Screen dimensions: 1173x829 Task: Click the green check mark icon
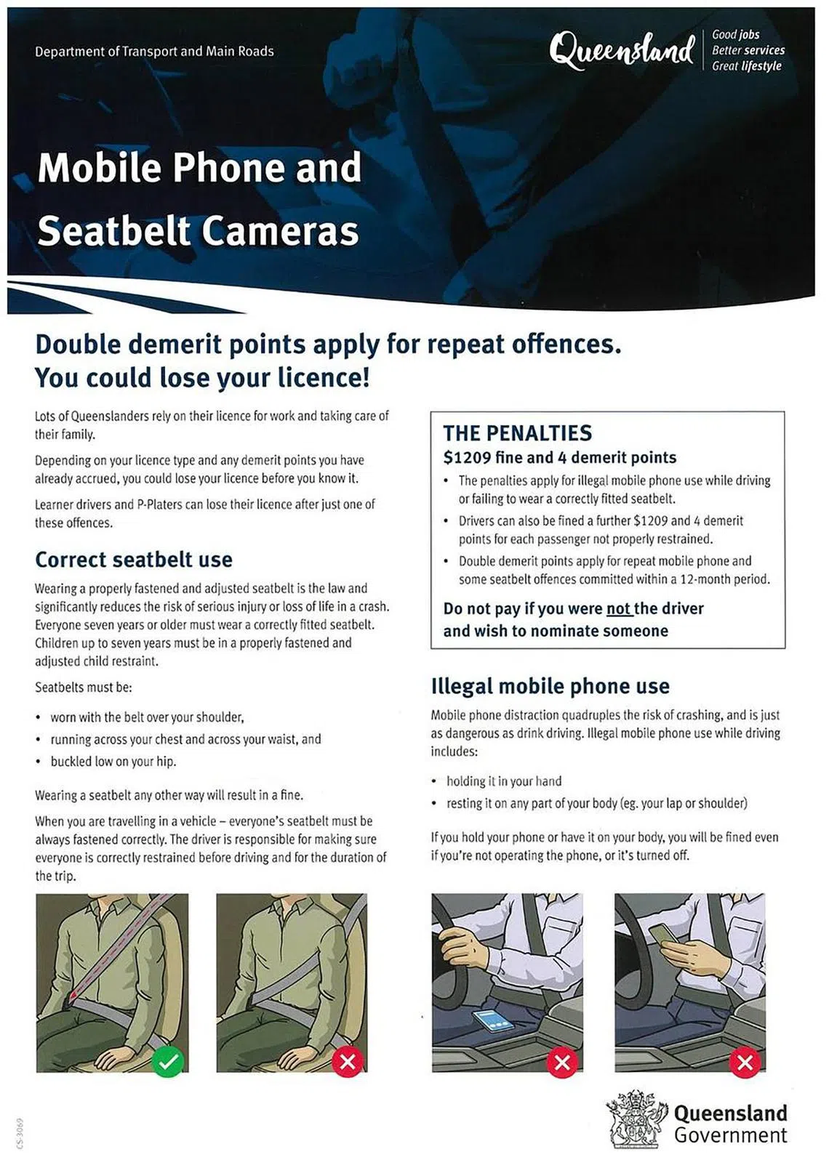(168, 1063)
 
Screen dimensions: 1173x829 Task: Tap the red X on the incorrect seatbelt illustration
(348, 1063)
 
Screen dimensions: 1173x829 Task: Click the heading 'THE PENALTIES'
(517, 433)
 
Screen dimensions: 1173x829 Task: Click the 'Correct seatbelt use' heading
(134, 560)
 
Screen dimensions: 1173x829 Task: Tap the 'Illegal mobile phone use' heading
(550, 686)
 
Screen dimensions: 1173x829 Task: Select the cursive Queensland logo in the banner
(622, 51)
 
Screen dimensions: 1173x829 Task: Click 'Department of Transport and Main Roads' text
(154, 52)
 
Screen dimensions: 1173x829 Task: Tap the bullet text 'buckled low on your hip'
(113, 762)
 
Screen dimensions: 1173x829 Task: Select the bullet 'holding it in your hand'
(504, 781)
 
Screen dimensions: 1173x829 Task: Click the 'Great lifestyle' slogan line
(746, 66)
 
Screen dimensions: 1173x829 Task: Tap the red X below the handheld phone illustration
(745, 1063)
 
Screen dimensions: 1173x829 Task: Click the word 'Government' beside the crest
(730, 1136)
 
